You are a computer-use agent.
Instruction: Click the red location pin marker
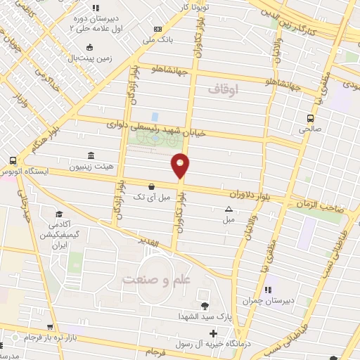pyautogui.click(x=180, y=165)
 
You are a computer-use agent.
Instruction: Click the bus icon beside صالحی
pyautogui.click(x=310, y=118)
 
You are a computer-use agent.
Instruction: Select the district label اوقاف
pyautogui.click(x=224, y=89)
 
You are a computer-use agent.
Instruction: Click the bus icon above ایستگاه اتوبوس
pyautogui.click(x=13, y=160)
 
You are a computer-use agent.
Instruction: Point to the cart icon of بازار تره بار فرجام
pyautogui.click(x=50, y=326)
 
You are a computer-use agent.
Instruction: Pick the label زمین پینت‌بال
pyautogui.click(x=89, y=58)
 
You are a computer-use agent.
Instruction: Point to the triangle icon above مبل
pyautogui.click(x=229, y=210)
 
